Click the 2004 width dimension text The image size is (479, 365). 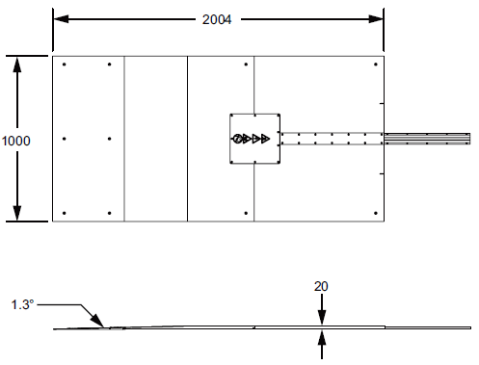coord(218,18)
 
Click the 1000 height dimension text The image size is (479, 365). coord(16,140)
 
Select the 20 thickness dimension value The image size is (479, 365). coord(322,286)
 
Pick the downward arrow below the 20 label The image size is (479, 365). coord(322,317)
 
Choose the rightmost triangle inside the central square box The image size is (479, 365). coord(266,139)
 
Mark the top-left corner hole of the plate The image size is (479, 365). coord(64,65)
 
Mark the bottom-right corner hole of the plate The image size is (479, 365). coord(375,213)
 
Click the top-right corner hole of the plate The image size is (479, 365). coord(375,65)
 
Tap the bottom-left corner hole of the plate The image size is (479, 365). coord(64,213)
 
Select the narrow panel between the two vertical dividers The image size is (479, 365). coord(155,139)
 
